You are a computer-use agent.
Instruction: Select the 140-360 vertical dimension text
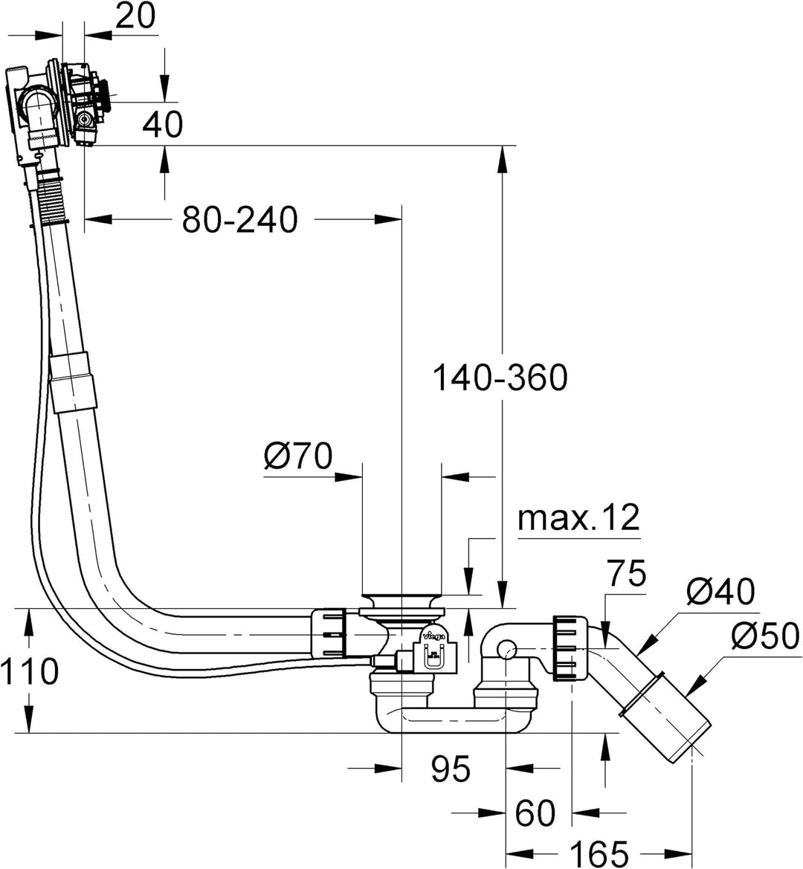[499, 378]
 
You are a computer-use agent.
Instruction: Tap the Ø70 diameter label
[297, 456]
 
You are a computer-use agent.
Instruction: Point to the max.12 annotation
[578, 518]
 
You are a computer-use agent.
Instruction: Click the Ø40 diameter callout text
[720, 592]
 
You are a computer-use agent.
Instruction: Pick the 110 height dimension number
[29, 672]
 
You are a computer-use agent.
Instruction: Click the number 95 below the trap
[451, 769]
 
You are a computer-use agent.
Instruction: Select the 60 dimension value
[535, 813]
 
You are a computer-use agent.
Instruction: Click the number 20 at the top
[136, 16]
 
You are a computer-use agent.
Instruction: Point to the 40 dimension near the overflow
[162, 125]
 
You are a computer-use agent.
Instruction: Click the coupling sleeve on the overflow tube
[73, 381]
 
